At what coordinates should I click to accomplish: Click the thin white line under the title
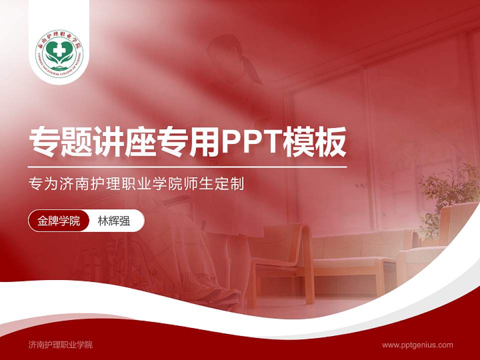click(x=187, y=166)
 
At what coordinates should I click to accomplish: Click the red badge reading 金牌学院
click(x=58, y=221)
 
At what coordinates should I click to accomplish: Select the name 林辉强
click(x=114, y=221)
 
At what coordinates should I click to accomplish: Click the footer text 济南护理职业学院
click(x=60, y=344)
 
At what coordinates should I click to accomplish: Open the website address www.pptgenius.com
click(x=417, y=344)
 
